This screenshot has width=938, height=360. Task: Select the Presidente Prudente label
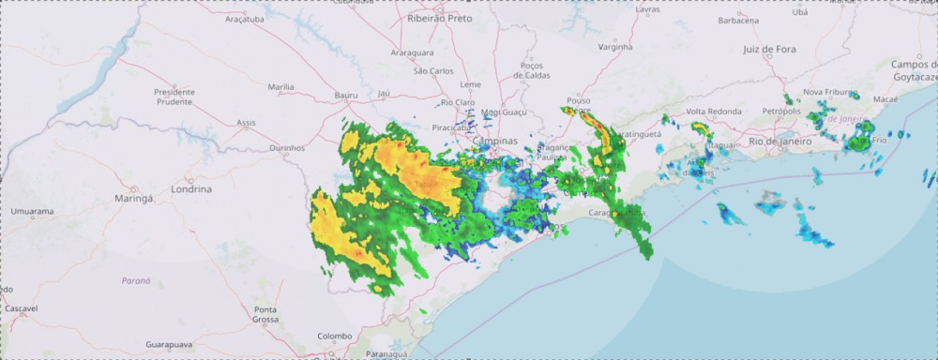click(174, 97)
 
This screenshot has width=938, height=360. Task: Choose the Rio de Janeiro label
click(782, 141)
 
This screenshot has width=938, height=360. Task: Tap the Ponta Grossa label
click(266, 314)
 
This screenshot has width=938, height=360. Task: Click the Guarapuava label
click(172, 345)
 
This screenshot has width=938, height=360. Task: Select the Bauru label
click(347, 96)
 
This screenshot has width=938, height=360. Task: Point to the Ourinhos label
click(287, 147)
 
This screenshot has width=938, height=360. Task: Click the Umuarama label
click(32, 212)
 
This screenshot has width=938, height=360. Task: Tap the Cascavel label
click(21, 308)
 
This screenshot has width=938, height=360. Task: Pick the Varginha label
click(615, 46)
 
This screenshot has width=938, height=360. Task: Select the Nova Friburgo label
click(830, 93)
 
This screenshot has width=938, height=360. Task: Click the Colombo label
click(333, 336)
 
